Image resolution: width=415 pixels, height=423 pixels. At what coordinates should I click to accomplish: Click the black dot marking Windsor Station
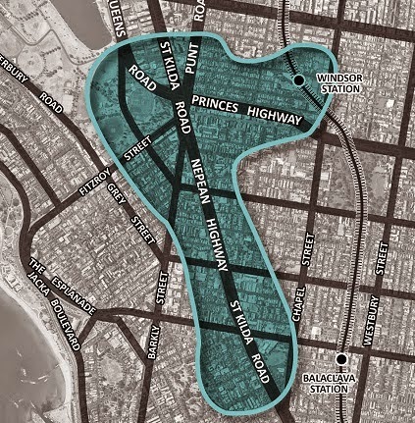[x=296, y=79]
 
